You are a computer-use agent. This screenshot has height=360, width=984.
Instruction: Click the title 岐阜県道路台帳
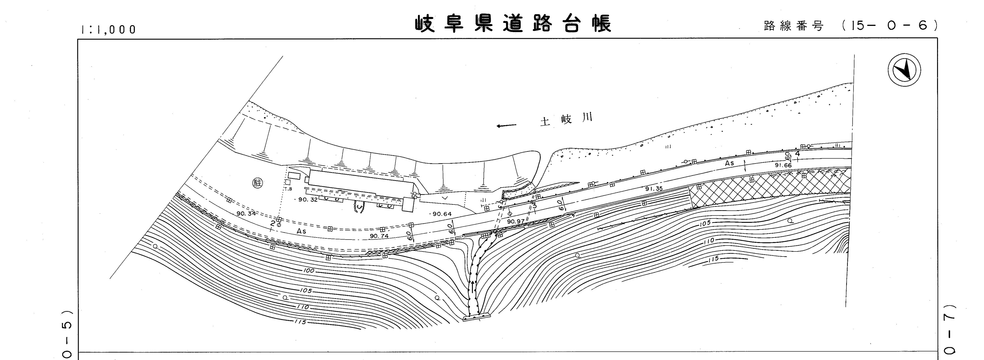tap(513, 24)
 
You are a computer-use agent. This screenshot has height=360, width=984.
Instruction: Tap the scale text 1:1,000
tap(108, 29)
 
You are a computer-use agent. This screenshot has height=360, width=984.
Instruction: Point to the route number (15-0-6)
tap(890, 25)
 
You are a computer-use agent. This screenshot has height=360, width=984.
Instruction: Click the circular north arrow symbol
tap(904, 70)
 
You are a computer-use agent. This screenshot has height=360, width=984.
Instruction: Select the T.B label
tap(288, 189)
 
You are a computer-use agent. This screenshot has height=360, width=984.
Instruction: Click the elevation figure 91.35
tap(654, 189)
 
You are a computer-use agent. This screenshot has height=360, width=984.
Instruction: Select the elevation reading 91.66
tap(783, 165)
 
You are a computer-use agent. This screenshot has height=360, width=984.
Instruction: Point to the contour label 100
tap(309, 271)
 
